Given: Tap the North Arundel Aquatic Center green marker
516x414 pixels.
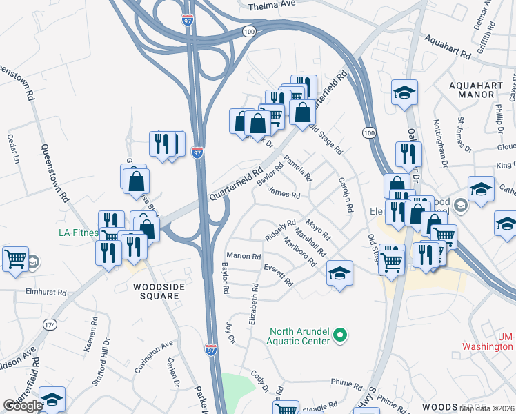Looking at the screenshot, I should coord(339,336).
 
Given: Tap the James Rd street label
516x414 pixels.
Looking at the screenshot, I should coord(284,195).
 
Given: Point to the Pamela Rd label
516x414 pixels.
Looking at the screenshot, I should coord(298,166).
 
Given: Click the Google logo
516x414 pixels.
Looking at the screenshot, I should coord(23,406).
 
